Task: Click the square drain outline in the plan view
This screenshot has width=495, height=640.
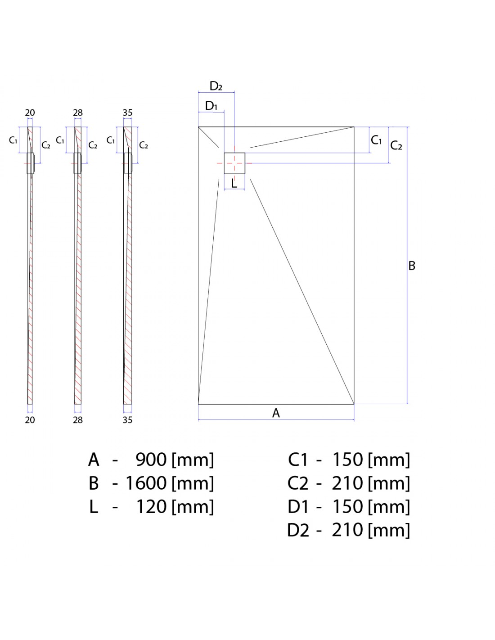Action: coord(224,163)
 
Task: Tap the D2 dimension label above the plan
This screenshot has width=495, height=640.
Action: coord(216,86)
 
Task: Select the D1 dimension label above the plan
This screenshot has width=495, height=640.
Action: coord(211,105)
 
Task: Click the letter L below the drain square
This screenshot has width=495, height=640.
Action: coord(234,183)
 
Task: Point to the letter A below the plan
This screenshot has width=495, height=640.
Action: coord(276,413)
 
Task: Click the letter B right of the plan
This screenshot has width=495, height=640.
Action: coord(412,266)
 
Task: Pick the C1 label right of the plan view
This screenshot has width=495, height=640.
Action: coord(376,140)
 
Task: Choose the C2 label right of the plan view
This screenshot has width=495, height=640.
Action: coord(396,145)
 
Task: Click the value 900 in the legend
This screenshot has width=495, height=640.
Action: coord(151,460)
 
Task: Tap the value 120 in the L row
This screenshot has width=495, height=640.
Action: coord(151,507)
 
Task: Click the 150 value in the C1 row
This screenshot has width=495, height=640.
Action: coord(347,460)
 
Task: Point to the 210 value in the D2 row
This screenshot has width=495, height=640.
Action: coord(347,530)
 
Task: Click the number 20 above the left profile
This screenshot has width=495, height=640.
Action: coord(30,113)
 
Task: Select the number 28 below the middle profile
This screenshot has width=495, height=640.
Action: coord(78,420)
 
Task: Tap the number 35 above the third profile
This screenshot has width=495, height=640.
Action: coord(127,113)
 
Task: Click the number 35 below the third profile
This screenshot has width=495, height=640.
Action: coord(127,420)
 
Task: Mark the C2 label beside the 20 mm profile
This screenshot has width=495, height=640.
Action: coord(46,145)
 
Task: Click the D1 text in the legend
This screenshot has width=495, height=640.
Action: coord(298,507)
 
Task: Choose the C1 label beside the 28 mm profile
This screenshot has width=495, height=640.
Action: coord(60,140)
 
